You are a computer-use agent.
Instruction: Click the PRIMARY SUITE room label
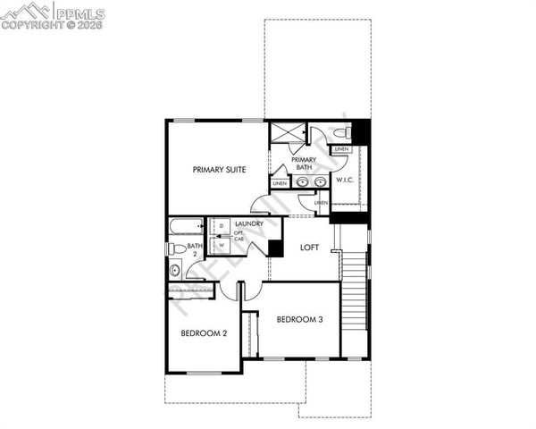click(220, 168)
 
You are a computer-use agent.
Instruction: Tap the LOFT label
click(309, 248)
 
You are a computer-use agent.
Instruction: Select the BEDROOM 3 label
click(299, 319)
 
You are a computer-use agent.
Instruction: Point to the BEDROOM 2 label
click(204, 333)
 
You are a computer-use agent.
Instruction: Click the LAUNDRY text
click(249, 223)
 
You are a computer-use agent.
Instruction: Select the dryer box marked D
click(221, 227)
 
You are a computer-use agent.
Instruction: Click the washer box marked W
click(221, 244)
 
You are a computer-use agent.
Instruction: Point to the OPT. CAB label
click(239, 237)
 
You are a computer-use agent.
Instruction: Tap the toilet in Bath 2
click(177, 248)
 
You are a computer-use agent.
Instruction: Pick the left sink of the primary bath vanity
click(302, 181)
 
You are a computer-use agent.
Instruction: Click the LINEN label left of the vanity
click(280, 182)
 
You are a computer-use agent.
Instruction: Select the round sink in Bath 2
click(174, 270)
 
